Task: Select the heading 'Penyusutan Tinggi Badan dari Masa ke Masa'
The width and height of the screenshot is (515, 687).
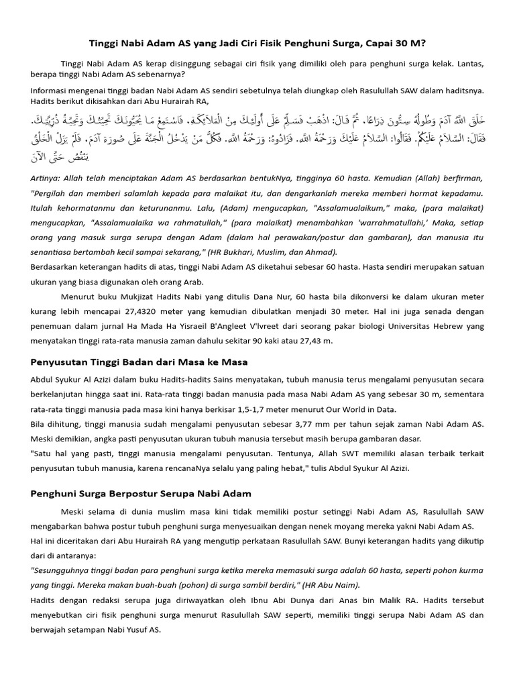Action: (139, 362)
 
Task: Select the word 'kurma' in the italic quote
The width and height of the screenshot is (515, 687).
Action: (471, 570)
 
